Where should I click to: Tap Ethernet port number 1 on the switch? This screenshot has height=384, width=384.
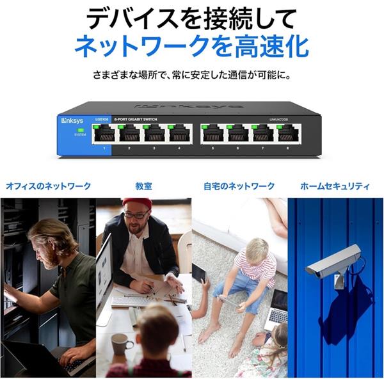(x=103, y=134)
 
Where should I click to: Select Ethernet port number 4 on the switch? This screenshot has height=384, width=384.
(x=180, y=134)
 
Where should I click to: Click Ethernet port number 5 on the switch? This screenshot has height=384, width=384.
(x=212, y=134)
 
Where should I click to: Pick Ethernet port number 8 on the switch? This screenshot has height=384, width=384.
(x=288, y=134)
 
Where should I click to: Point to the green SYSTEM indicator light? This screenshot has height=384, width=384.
(x=80, y=130)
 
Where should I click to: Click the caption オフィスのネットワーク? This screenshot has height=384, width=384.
(x=49, y=186)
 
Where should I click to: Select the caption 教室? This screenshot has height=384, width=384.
(x=143, y=186)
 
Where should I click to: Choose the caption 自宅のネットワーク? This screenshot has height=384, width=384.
(x=239, y=186)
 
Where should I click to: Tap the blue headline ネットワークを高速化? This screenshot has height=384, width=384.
(x=191, y=47)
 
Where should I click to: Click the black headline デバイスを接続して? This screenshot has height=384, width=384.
(x=191, y=18)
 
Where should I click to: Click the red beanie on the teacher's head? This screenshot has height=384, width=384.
(x=138, y=204)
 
